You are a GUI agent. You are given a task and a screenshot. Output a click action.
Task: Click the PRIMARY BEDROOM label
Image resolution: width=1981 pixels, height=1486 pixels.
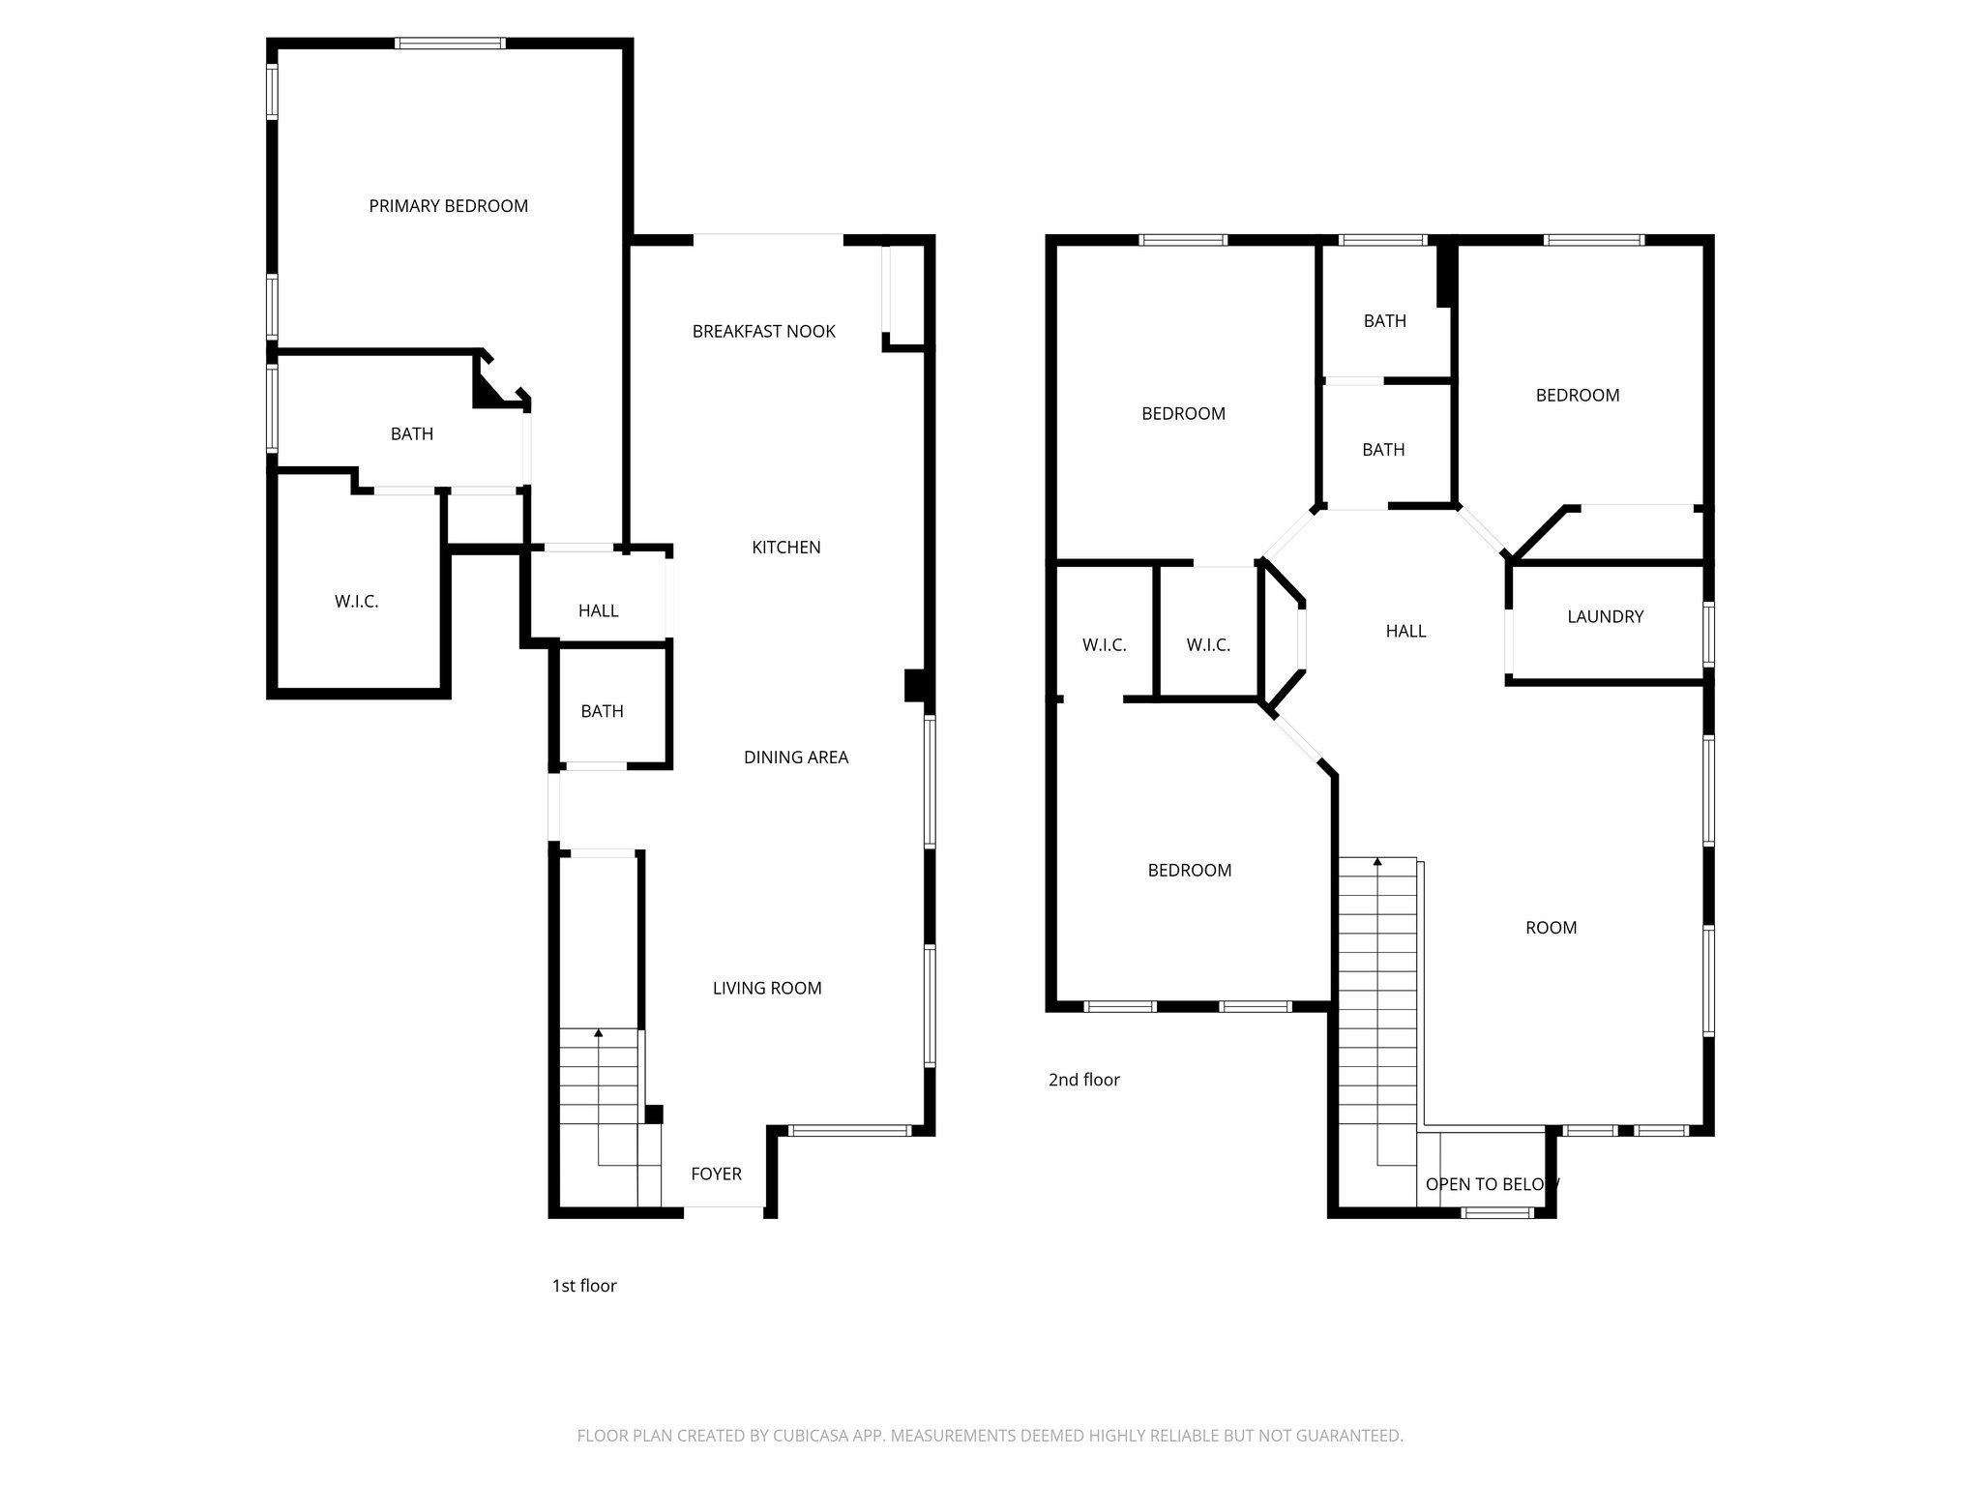tap(448, 206)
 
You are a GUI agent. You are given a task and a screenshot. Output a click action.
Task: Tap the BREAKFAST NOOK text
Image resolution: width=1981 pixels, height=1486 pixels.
tap(763, 332)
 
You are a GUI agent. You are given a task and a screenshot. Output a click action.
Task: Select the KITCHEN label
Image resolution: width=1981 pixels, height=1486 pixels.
tap(785, 548)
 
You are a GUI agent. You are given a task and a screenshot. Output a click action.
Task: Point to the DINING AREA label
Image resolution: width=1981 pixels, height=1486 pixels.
tap(795, 758)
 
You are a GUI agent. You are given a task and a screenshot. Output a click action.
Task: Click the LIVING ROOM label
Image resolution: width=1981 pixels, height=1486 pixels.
tap(767, 988)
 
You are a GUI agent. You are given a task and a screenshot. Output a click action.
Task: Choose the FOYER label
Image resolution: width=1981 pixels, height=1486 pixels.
tap(716, 1174)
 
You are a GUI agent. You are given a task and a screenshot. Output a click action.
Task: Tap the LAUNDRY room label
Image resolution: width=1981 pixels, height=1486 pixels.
tap(1605, 616)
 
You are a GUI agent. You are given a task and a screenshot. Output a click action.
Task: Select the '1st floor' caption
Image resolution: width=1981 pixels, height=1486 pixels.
tap(583, 1286)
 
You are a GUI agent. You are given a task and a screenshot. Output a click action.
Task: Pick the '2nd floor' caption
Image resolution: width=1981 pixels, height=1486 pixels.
tap(1083, 1080)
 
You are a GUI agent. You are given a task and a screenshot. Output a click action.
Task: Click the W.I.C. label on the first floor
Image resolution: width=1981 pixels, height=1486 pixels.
tap(356, 602)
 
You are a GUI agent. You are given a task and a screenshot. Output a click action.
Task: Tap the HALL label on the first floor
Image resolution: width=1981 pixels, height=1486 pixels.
tap(598, 610)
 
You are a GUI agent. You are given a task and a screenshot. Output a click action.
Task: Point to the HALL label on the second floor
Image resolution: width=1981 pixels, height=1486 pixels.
tap(1404, 631)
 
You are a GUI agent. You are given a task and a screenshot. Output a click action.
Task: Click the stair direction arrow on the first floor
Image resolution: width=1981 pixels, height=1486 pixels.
tap(599, 1034)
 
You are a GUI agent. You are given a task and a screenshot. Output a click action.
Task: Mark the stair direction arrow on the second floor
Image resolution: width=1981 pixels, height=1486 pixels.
tap(1377, 861)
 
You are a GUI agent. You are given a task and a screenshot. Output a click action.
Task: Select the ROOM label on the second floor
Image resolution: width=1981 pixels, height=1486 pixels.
tap(1551, 928)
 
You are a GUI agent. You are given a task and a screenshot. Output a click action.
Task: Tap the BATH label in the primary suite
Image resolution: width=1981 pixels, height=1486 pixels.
tap(411, 434)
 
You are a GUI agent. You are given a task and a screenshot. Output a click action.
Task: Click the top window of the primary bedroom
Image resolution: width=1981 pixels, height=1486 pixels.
tap(450, 44)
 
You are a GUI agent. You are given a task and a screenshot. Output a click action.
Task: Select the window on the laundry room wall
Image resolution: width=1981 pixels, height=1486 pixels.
tap(1708, 634)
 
